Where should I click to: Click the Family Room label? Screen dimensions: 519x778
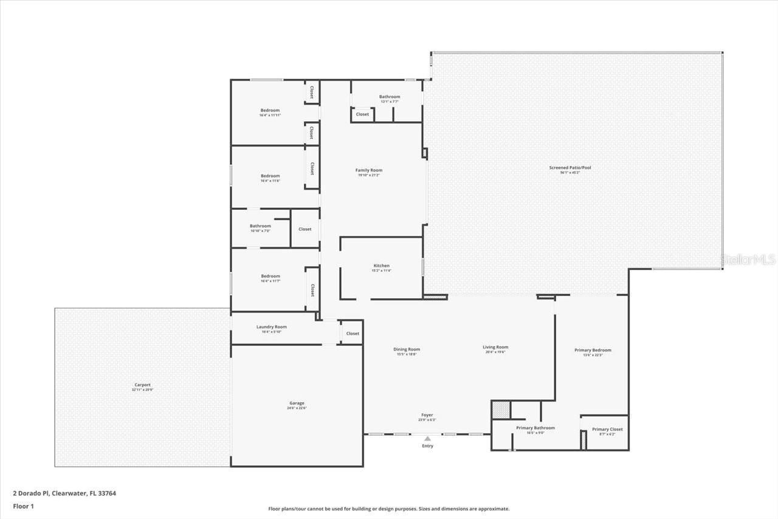point(369,170)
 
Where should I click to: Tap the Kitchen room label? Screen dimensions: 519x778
point(381,266)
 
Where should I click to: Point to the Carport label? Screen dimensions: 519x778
point(142,385)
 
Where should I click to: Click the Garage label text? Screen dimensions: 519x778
point(297,403)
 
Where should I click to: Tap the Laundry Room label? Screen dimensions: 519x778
point(271,327)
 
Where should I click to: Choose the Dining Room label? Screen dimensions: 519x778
point(406,349)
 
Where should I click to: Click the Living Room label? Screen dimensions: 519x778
point(495,347)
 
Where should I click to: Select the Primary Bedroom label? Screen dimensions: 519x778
point(593,350)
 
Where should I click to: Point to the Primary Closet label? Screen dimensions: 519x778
point(607,430)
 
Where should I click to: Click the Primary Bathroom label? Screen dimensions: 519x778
point(535,428)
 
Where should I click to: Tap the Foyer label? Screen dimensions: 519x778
point(427,416)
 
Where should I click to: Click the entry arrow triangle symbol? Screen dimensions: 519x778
point(428,438)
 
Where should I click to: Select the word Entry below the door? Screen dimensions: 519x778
point(428,446)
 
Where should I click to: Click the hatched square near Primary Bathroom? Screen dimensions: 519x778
point(500,409)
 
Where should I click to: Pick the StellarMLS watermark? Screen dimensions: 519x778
point(748,260)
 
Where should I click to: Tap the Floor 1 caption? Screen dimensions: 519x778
point(24,506)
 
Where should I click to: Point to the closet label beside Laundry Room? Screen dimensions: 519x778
point(353,333)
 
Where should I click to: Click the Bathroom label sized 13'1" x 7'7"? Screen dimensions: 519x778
point(390,97)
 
